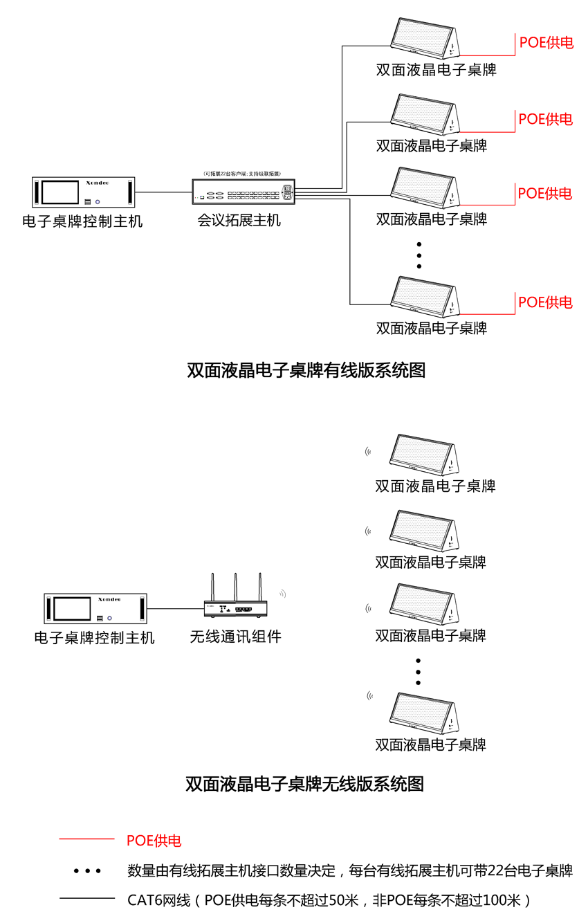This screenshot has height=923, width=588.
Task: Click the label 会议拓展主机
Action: tap(239, 221)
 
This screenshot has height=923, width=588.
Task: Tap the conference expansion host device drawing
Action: tap(243, 192)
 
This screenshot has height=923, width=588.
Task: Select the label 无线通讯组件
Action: tap(236, 637)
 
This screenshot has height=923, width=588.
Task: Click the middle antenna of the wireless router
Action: tap(235, 588)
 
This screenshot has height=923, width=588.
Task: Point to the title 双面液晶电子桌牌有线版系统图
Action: tap(306, 370)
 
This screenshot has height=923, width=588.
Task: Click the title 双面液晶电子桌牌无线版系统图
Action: tap(304, 784)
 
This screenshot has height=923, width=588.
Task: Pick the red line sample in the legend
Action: tap(86, 839)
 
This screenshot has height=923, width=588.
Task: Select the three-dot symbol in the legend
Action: tap(88, 870)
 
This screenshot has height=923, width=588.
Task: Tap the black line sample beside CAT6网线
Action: tap(86, 899)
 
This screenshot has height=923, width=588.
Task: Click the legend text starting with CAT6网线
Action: tap(329, 900)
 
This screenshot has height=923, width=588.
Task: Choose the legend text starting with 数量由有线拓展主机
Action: tap(350, 870)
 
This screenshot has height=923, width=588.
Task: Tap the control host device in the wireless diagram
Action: tap(96, 608)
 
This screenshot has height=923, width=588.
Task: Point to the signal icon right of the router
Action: tap(282, 594)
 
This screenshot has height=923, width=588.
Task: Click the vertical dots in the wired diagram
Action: tap(419, 255)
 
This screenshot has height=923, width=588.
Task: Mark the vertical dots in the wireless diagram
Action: tap(418, 671)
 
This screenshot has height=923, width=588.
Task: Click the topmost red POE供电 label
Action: tap(546, 43)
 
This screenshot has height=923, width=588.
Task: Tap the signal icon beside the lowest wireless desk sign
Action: tap(370, 696)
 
